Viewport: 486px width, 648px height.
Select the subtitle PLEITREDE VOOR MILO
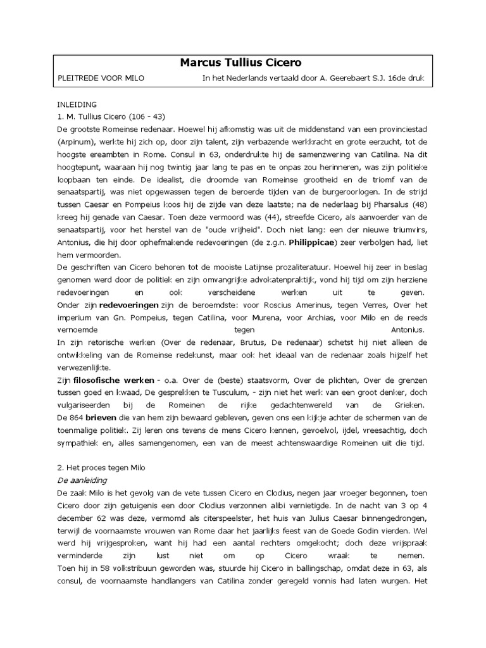101,78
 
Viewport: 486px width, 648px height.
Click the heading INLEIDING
76,103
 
